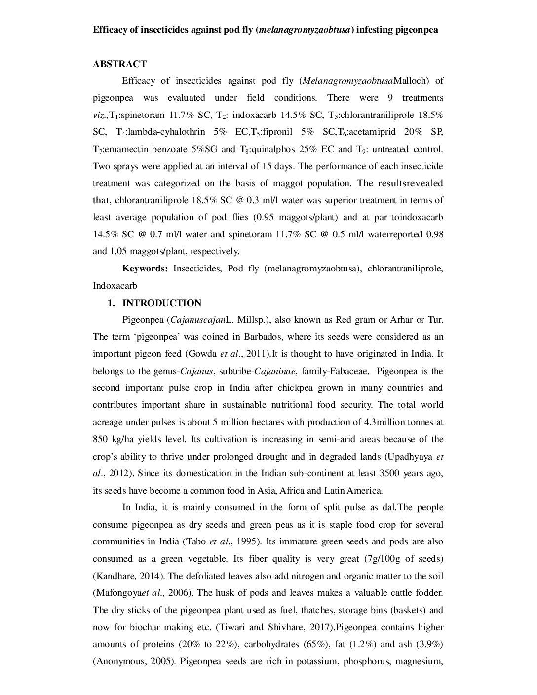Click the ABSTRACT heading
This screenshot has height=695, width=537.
[x=119, y=64]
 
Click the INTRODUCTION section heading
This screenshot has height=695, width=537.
[x=162, y=303]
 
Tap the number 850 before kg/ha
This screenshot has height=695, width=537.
[x=100, y=439]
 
